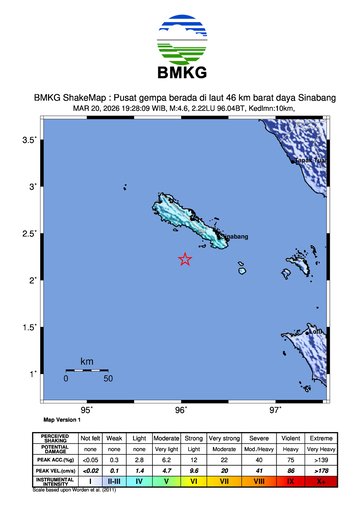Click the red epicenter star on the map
coord(185,259)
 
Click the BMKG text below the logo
coord(180,75)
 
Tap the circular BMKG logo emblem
coord(180,38)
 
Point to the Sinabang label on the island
coord(230,237)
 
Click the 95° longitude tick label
coord(87,410)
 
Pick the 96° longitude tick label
coord(181,410)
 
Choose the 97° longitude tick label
coord(275,410)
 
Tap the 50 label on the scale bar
coord(107,379)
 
